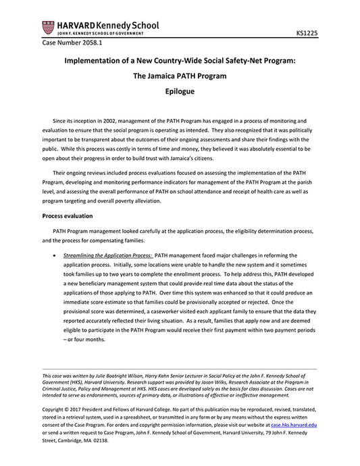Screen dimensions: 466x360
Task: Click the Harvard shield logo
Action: tap(47, 28)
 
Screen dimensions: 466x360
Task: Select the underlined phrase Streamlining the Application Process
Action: tap(107, 256)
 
